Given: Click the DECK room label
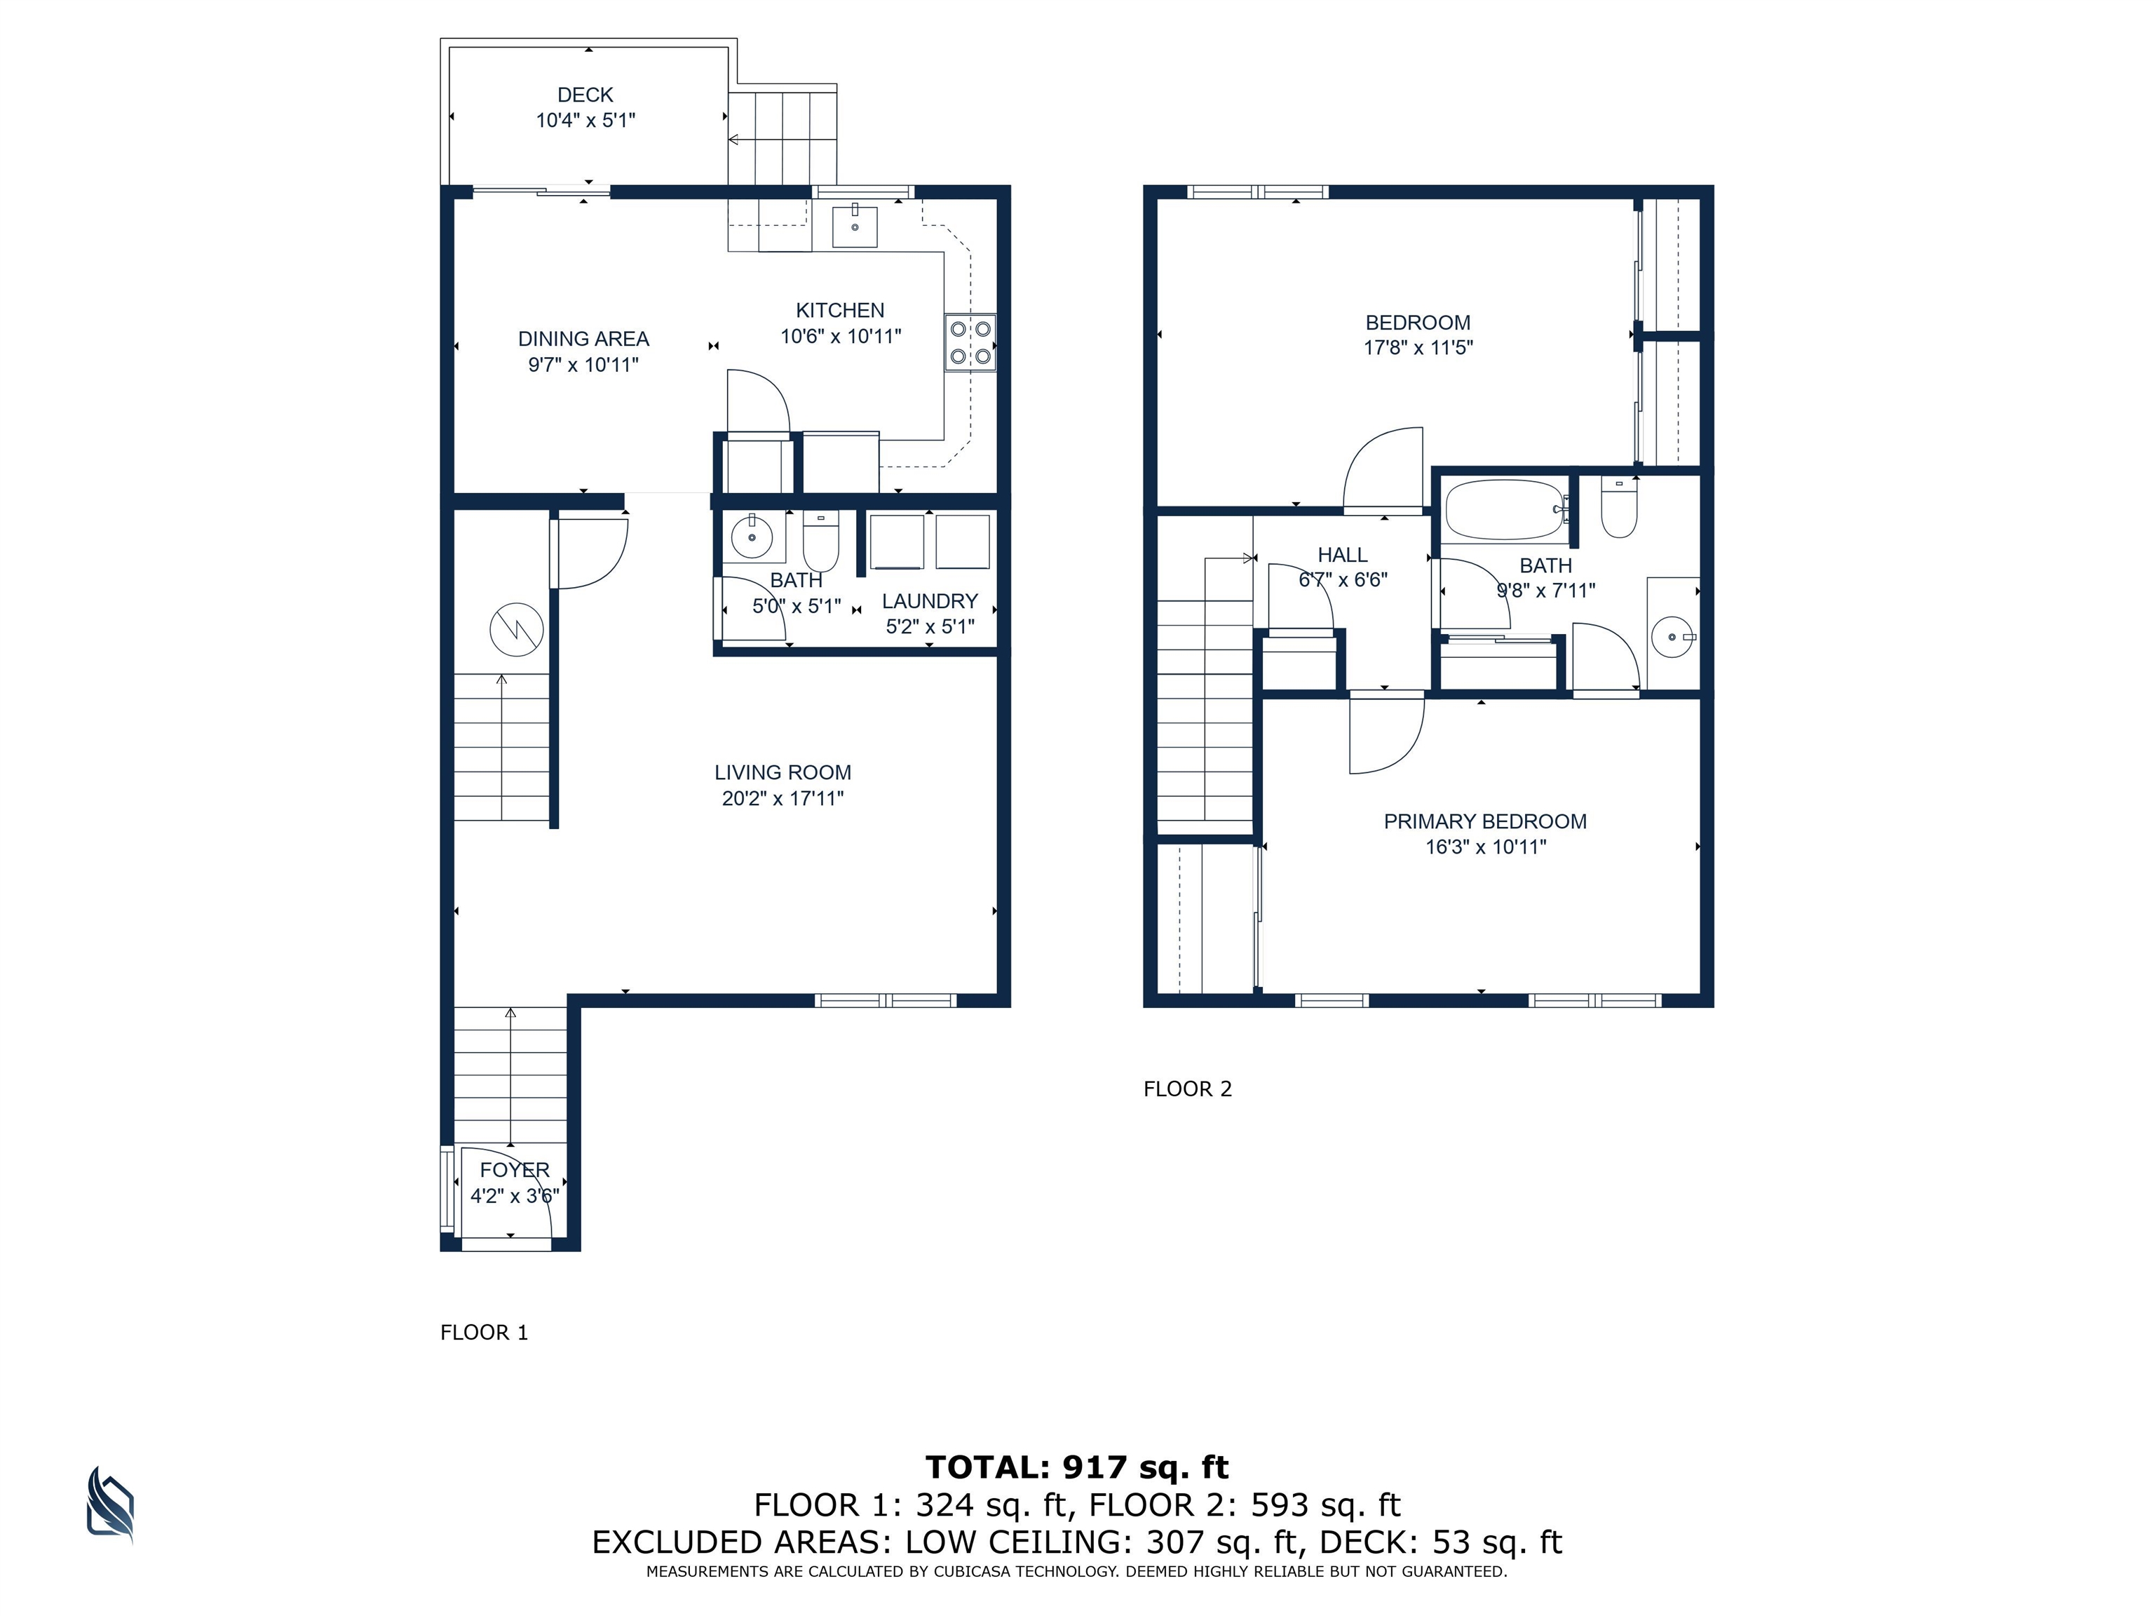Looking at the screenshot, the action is pos(585,95).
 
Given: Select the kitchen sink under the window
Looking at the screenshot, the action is pos(854,226).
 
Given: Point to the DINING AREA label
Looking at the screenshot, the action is pos(583,339).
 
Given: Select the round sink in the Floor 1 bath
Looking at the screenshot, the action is pos(752,536).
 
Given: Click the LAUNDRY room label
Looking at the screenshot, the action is pos(929,601).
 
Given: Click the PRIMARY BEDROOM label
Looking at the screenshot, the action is pos(1485,821).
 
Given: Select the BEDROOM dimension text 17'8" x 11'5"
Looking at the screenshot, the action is pos(1418,348).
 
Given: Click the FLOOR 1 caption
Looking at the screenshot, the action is pos(484,1333).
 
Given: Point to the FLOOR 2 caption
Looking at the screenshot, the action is pos(1188,1089).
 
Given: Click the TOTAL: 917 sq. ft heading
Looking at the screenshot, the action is pos(1077,1467).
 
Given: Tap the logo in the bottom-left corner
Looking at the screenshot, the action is pos(110,1506).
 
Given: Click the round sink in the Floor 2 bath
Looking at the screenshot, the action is pos(1672,637).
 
